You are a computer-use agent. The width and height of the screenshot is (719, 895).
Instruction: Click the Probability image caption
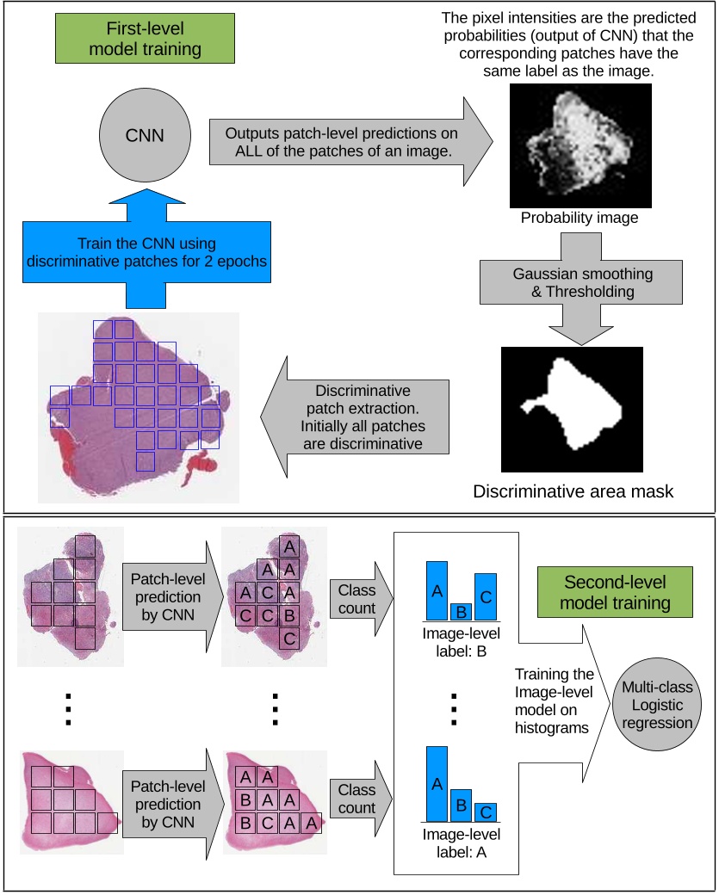(580, 218)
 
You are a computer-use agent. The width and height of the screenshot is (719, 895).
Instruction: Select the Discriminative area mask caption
(573, 491)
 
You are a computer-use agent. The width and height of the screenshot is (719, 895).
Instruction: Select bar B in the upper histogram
(461, 612)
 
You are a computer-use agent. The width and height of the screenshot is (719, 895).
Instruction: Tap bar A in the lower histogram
(437, 783)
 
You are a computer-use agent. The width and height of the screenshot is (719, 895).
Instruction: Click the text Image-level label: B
(462, 643)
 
